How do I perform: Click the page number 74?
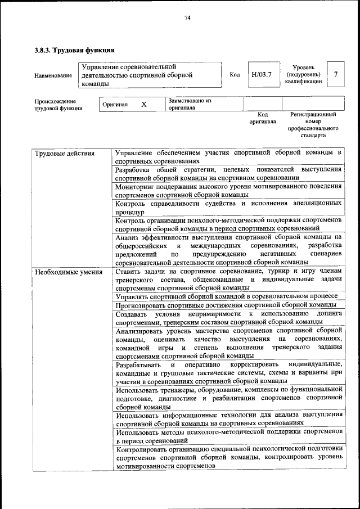point(188,18)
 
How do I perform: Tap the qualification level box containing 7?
point(336,74)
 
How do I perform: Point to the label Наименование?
point(53,75)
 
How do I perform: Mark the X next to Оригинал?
point(143,105)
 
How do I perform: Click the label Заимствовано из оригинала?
point(190,104)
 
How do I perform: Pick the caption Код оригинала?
point(262,118)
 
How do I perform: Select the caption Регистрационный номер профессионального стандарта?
point(313,125)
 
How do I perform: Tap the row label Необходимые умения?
point(69,272)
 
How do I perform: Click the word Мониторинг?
point(137,186)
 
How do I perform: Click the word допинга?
point(328,313)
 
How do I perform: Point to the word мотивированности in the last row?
point(145,466)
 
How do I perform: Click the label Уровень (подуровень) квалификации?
point(304,74)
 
